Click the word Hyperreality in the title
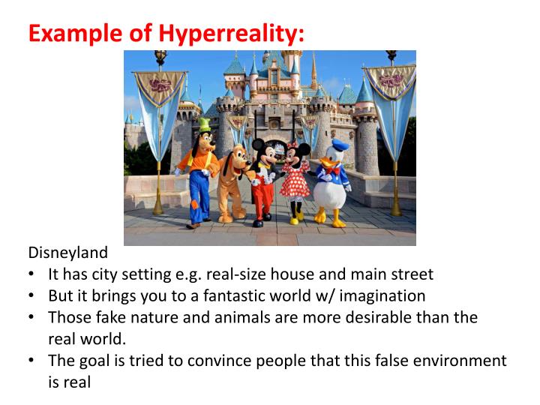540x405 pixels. [231, 33]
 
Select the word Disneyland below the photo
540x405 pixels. [67, 253]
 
